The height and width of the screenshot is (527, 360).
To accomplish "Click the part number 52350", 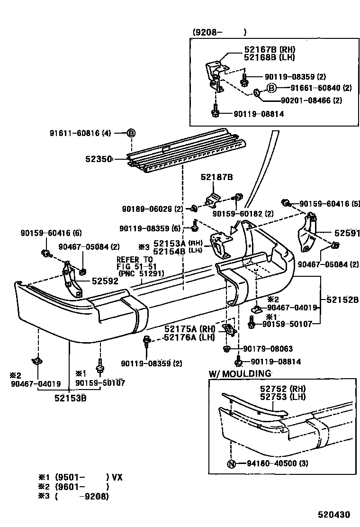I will coord(98,160).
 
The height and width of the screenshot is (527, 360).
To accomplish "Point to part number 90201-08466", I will coord(306,100).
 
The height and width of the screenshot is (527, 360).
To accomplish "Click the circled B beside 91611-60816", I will coord(131,133).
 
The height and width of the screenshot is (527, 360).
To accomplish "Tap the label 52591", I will coord(347,233).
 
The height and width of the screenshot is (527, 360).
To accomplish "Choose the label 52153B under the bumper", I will coord(70,398).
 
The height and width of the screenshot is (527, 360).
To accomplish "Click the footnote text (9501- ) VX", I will coord(88,477).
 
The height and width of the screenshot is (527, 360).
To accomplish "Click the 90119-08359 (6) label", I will coord(150,228).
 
